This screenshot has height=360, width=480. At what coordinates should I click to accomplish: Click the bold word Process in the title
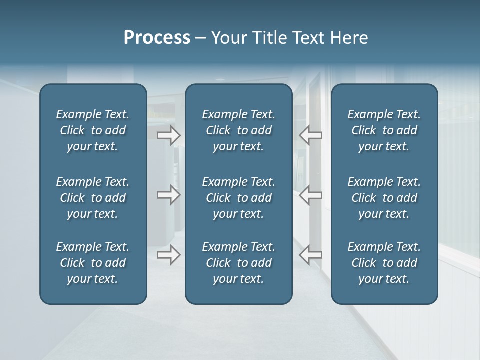157,38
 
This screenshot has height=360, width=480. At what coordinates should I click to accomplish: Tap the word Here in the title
349,38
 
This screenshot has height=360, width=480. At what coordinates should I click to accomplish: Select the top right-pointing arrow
169,135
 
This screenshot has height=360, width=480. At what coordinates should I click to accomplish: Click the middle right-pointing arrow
169,195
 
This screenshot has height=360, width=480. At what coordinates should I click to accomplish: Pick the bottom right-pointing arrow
169,255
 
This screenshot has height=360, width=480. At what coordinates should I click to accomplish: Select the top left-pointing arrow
310,135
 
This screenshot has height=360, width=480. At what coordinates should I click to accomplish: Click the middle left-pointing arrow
310,195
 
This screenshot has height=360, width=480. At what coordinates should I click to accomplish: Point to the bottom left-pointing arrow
310,255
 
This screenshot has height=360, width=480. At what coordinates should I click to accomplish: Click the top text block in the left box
93,130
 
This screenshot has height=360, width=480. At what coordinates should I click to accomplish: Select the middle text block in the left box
93,198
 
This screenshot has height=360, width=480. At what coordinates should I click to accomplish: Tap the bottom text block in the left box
93,263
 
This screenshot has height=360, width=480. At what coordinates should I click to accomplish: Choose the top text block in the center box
238,130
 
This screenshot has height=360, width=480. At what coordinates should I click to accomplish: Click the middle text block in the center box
238,198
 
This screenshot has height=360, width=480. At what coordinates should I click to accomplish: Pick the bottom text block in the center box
238,263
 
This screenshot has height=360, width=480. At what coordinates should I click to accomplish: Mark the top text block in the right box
384,130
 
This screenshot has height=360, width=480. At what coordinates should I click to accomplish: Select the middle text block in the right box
384,198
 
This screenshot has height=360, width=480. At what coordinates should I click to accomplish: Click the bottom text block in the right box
384,263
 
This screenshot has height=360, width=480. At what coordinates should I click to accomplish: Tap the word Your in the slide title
227,38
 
